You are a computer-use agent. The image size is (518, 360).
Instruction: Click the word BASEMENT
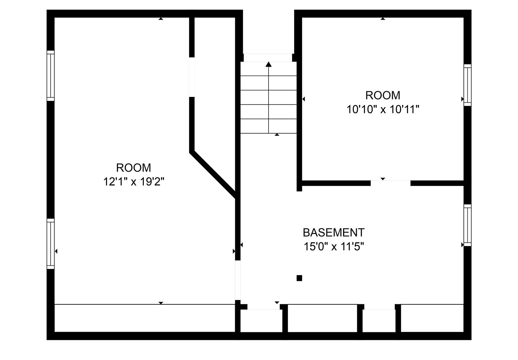[334, 233]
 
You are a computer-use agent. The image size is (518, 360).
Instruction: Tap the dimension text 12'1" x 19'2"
[134, 182]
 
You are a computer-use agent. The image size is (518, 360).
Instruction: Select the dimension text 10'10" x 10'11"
[383, 109]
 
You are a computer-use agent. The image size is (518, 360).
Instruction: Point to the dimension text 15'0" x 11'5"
[334, 246]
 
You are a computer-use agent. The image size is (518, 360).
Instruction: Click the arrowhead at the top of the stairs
[268, 64]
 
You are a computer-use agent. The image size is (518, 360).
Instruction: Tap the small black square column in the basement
[299, 278]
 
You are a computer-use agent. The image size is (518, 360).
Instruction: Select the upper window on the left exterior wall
[51, 76]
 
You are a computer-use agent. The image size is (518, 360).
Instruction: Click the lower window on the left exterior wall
[51, 244]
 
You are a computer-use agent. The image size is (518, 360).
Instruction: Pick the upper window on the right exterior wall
[467, 85]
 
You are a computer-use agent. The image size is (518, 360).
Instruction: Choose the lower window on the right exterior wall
[467, 225]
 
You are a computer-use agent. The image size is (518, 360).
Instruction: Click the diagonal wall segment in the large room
[213, 175]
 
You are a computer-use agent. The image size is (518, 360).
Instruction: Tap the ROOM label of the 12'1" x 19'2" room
[134, 168]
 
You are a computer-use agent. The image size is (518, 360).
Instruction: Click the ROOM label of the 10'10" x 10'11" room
[383, 95]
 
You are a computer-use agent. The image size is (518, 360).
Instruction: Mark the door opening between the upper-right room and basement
[390, 183]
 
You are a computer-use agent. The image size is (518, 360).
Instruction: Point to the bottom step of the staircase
[268, 126]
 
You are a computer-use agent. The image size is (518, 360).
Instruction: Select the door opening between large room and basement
[238, 280]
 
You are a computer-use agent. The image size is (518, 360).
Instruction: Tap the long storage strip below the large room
[145, 318]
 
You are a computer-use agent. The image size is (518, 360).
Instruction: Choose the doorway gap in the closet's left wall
[192, 77]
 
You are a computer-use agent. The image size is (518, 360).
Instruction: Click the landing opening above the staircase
[268, 58]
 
